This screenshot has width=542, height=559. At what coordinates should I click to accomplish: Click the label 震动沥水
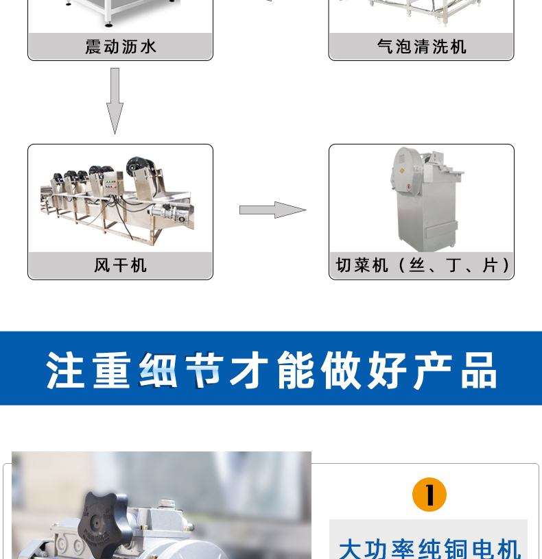point(120,47)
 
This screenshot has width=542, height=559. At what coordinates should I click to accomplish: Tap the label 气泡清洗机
point(421,47)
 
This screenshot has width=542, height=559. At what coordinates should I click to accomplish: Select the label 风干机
point(120,265)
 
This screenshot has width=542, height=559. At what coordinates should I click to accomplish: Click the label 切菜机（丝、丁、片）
point(421,265)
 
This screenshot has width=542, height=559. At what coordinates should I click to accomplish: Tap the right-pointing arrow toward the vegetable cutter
point(272,210)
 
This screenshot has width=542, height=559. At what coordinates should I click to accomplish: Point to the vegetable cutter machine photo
point(421,199)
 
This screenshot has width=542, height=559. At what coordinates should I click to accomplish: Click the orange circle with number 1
point(429,495)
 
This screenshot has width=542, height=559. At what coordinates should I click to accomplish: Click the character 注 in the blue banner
point(66,371)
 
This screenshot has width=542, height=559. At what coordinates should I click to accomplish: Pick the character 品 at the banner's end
point(478,371)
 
